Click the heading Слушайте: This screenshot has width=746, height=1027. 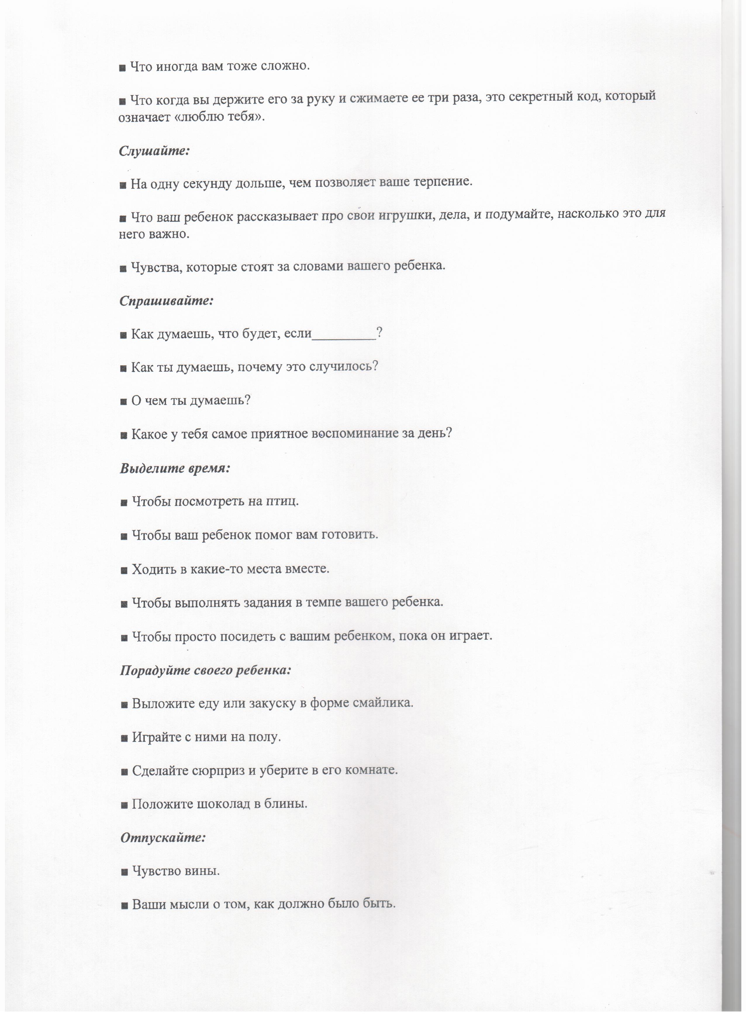(154, 151)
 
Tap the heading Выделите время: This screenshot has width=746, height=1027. (175, 468)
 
